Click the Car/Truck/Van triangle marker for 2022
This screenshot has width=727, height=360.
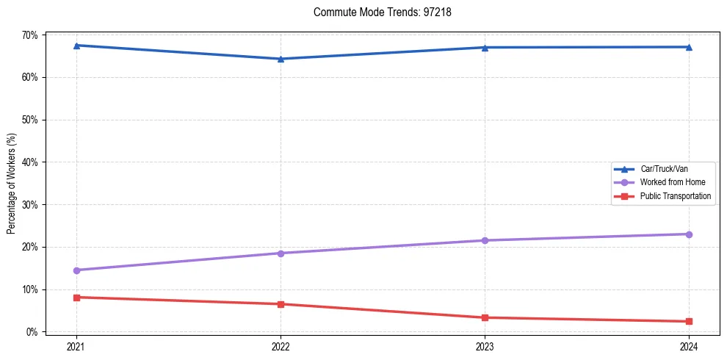point(281,59)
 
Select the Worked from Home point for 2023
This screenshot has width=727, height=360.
point(485,240)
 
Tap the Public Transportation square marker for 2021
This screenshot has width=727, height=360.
point(76,298)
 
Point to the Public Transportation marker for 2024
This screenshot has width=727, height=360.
point(689,321)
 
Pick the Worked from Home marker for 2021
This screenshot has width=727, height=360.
point(76,270)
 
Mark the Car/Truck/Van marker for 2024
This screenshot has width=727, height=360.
point(689,47)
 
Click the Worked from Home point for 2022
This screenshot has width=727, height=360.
point(281,253)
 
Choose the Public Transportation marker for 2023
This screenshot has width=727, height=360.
point(485,317)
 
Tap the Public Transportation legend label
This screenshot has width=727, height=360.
point(676,196)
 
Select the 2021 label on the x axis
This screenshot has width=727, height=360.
point(76,346)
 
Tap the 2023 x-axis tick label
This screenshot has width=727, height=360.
point(485,346)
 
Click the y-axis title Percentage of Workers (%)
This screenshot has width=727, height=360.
point(11,184)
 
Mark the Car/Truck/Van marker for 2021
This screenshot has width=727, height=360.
point(76,46)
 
